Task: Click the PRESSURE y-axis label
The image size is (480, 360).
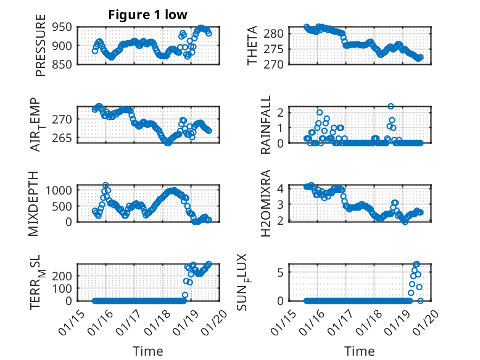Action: point(41,49)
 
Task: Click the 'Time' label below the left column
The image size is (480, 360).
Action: point(148,351)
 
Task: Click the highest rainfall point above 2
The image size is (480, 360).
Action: point(391,106)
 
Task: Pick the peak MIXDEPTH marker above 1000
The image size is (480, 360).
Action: point(106,185)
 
